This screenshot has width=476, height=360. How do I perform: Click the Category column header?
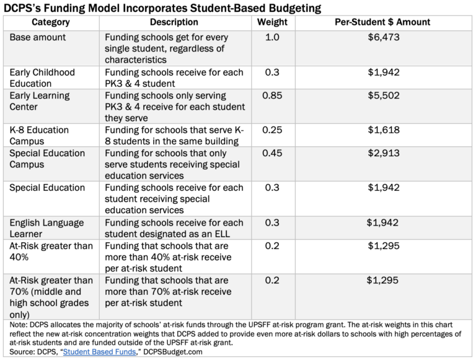point(51,22)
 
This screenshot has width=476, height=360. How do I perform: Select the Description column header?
point(174,22)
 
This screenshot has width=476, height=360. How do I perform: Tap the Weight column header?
point(273,22)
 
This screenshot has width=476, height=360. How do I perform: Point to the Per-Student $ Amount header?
point(382,22)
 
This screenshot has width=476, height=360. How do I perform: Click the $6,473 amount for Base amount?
point(382,37)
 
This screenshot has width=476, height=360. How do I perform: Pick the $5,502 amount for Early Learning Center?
point(382,95)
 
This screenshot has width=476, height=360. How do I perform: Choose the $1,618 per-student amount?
point(382,130)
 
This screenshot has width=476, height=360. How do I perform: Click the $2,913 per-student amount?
point(382,153)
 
